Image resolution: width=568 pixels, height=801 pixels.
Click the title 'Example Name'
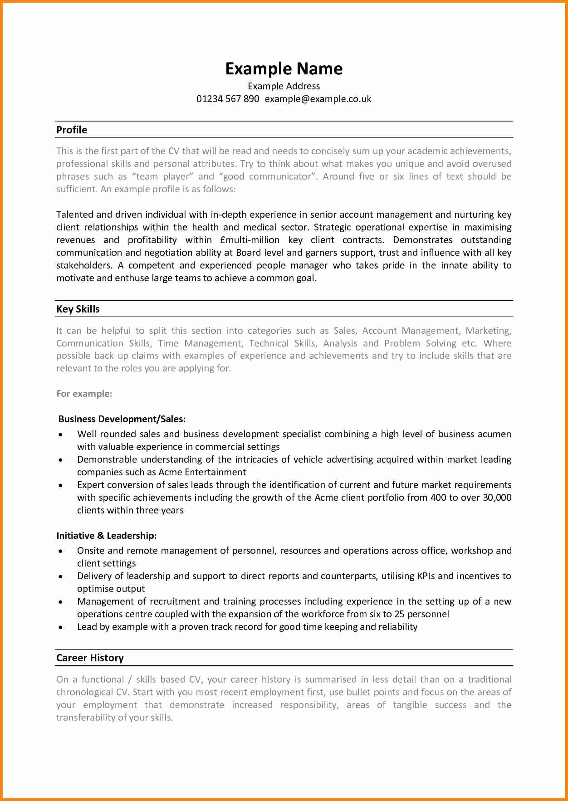[284, 69]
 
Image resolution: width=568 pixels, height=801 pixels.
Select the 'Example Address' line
[284, 86]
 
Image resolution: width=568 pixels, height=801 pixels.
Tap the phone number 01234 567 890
[228, 99]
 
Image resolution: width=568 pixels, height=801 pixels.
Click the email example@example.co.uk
[318, 99]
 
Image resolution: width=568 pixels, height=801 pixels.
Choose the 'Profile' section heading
[72, 130]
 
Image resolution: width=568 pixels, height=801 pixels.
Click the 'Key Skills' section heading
[78, 309]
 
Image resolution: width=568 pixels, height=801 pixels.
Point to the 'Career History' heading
[90, 658]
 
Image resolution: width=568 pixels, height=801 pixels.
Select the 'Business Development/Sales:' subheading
[122, 419]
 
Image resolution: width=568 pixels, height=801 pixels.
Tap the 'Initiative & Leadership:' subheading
[107, 536]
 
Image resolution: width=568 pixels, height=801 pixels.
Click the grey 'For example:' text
[84, 394]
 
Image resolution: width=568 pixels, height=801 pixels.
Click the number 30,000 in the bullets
[497, 498]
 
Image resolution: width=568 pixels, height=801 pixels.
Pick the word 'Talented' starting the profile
[75, 215]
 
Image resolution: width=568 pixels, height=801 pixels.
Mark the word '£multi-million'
[250, 240]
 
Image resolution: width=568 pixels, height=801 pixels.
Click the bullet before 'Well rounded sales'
[61, 435]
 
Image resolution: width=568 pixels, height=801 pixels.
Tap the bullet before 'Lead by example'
[61, 627]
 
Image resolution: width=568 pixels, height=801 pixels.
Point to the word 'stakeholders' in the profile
[84, 265]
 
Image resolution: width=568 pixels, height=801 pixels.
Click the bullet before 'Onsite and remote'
[61, 551]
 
